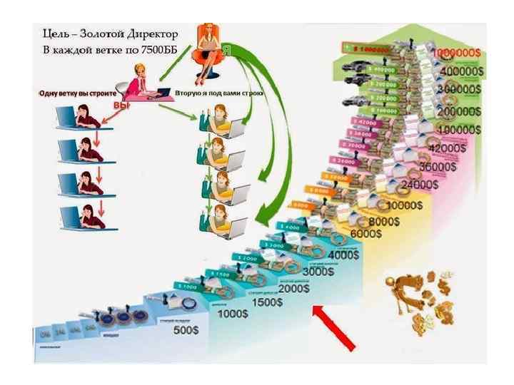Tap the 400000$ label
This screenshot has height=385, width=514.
456,72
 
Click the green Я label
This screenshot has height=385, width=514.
226,51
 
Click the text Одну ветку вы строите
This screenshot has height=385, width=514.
72,93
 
